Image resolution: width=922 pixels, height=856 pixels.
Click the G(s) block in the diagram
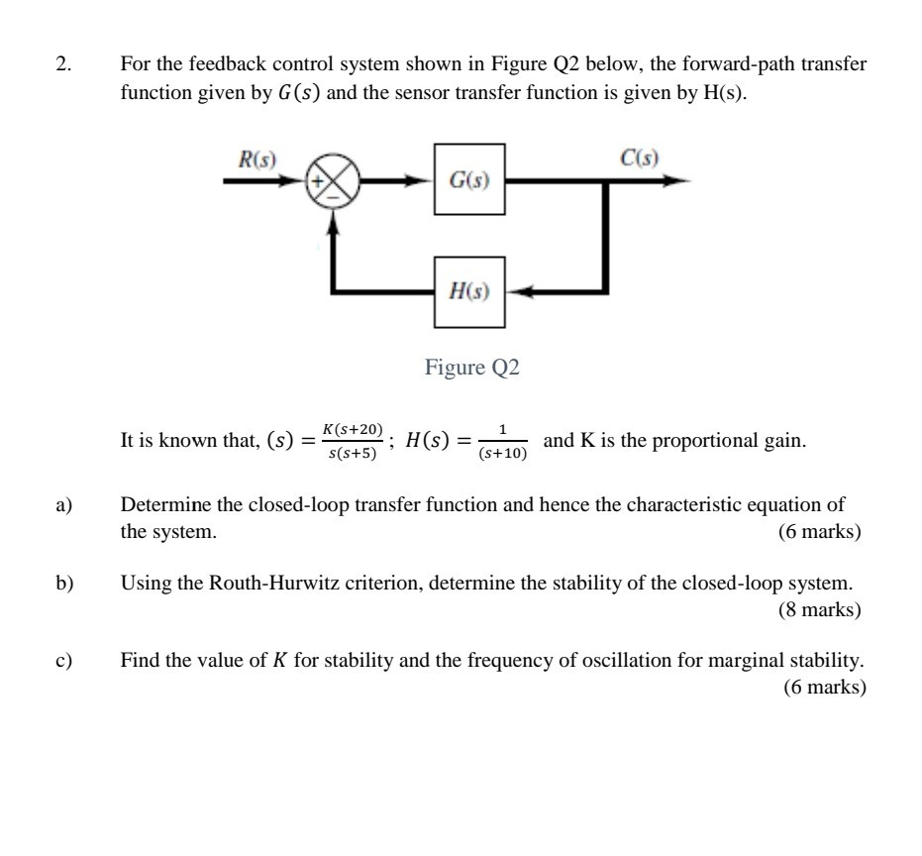point(469,179)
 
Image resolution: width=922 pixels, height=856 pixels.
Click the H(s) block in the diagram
point(469,291)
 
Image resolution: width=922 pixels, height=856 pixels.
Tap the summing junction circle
point(334,182)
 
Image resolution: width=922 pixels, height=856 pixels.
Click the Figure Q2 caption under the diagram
point(471,368)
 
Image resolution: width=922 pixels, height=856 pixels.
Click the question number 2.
point(64,65)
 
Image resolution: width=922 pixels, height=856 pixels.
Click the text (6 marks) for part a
point(819,532)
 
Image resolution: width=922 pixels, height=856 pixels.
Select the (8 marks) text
point(819,609)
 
